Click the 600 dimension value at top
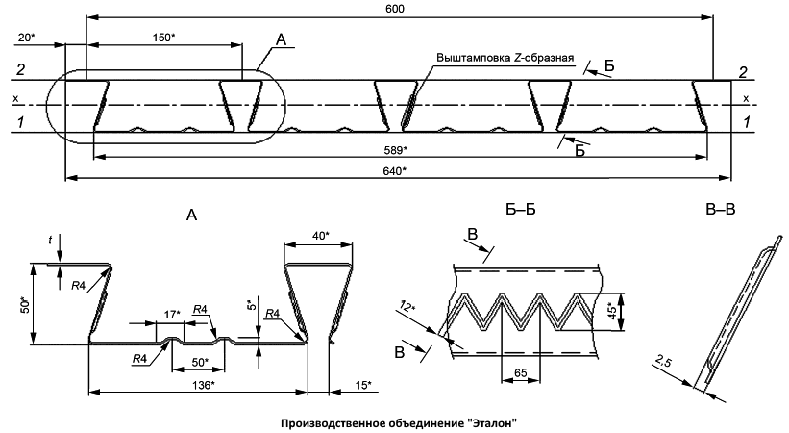(396, 9)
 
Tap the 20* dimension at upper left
(26, 38)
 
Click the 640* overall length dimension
(395, 171)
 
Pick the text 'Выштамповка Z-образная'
(505, 58)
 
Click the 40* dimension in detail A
(320, 236)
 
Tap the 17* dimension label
(172, 315)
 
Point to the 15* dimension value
(363, 385)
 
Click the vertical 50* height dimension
(26, 304)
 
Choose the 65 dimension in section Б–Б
(521, 373)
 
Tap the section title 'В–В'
(720, 209)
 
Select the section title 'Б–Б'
(521, 209)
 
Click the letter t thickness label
(50, 241)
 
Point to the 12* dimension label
(407, 306)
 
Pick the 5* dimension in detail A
(253, 305)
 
